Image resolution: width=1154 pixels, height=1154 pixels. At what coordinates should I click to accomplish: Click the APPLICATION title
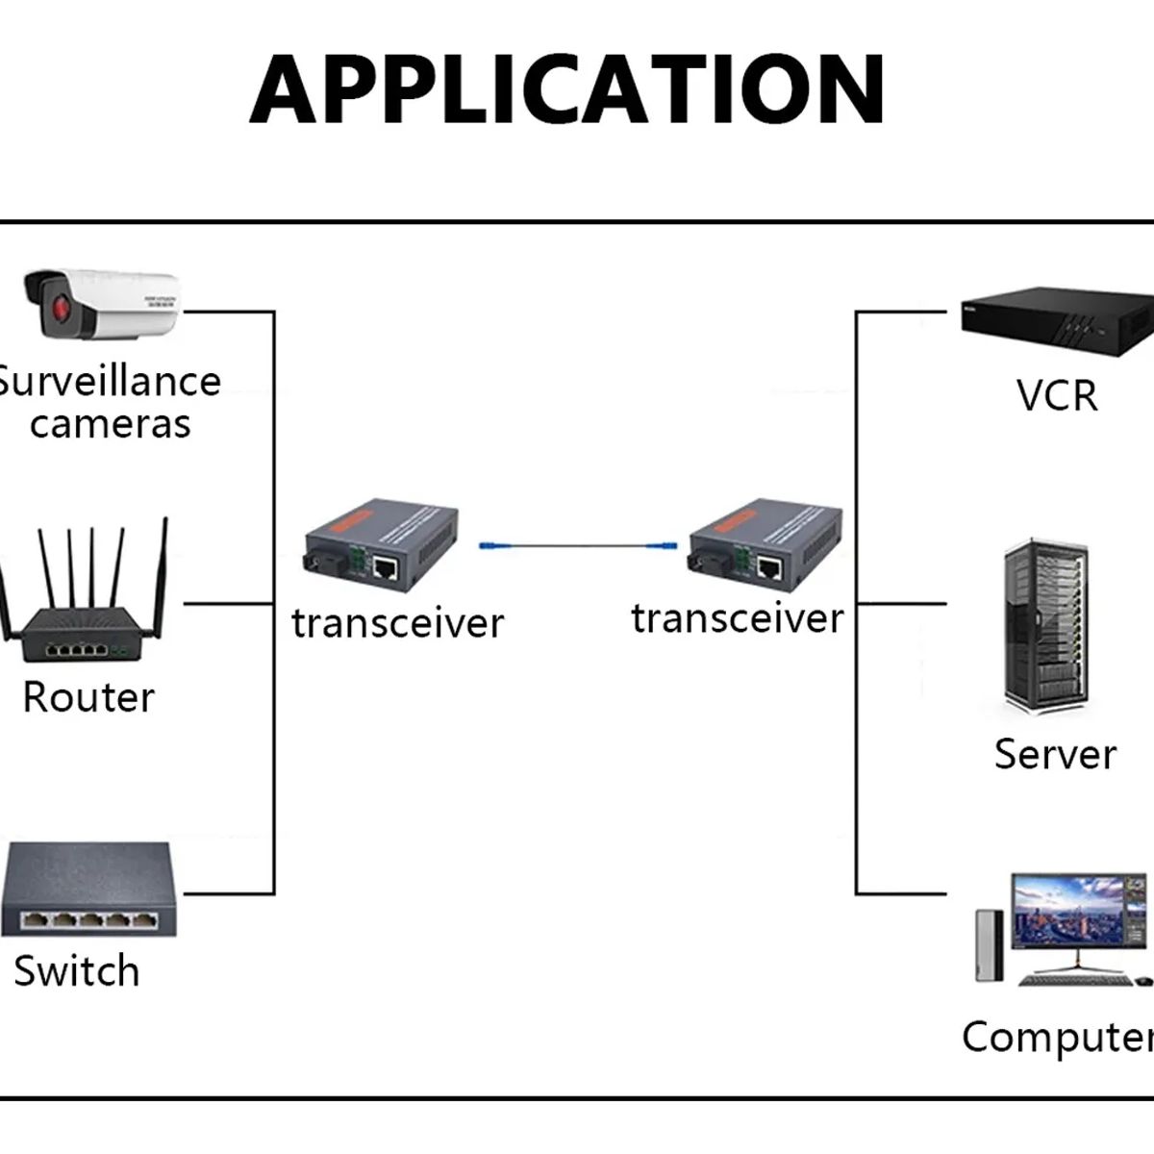coord(567,89)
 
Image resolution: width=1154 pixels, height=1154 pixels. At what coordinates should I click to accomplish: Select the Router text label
coord(88,697)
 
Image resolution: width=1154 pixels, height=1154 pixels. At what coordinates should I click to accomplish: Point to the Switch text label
coord(77,970)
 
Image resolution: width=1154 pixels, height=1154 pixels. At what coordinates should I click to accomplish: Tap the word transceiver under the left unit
coord(397,623)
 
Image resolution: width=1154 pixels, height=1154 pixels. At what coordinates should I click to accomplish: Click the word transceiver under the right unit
coord(738,618)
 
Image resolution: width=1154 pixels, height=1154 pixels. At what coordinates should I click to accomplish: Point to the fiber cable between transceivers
coord(583,546)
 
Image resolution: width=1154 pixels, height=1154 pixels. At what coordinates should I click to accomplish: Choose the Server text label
coord(1055,754)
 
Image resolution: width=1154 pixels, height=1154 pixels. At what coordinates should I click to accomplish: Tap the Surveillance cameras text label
coord(108,402)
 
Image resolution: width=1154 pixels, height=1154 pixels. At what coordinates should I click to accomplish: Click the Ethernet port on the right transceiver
coord(770,567)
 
